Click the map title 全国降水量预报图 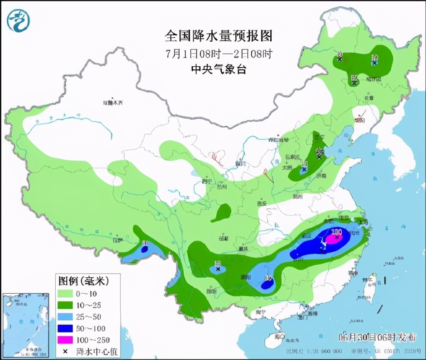coord(219,36)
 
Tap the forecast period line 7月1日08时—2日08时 coord(218,53)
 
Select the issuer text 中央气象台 coord(218,69)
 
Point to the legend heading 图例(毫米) coord(83,281)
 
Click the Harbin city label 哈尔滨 coord(374,79)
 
